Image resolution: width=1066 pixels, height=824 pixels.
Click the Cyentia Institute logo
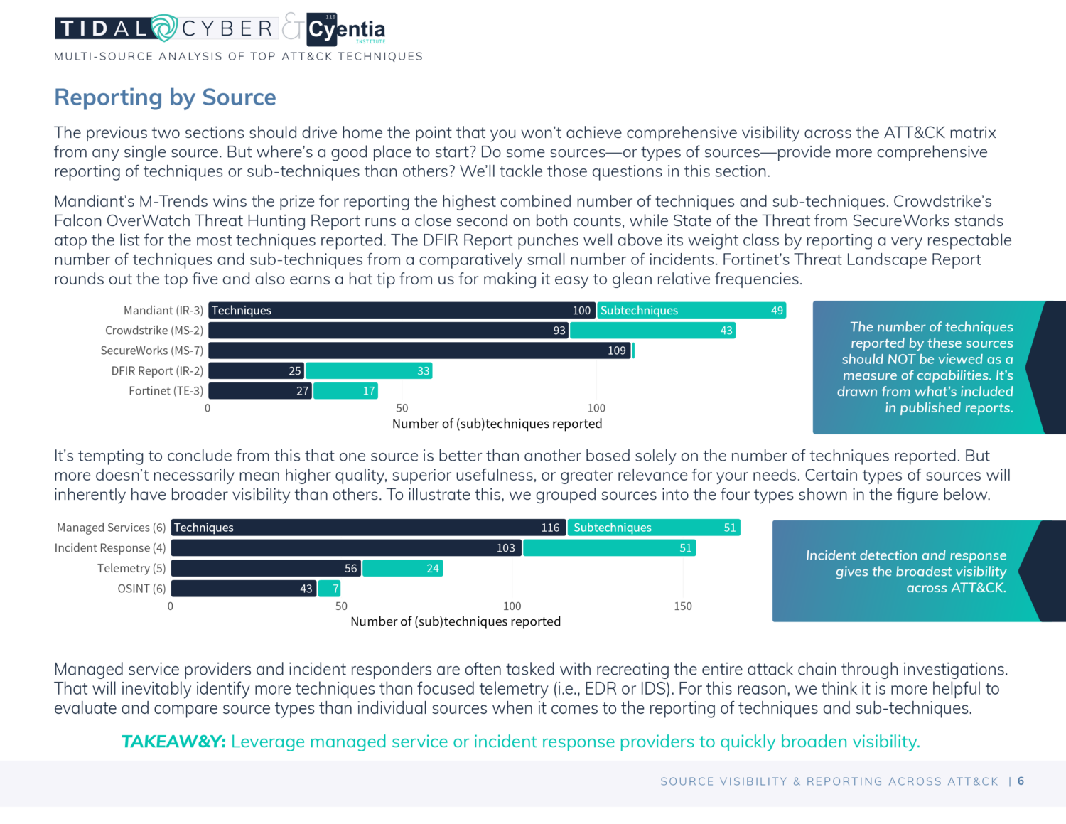(x=346, y=30)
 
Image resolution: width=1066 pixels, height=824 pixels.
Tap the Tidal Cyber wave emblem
(x=164, y=28)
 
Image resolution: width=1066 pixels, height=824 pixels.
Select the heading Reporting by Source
(x=165, y=97)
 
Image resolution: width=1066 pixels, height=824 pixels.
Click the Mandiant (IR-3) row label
(x=163, y=311)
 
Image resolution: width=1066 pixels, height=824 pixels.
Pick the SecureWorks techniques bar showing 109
(x=419, y=351)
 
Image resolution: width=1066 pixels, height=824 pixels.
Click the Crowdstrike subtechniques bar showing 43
(x=652, y=331)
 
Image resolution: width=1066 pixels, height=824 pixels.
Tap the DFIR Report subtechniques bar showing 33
(x=369, y=371)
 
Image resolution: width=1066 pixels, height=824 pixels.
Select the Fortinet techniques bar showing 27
(x=260, y=391)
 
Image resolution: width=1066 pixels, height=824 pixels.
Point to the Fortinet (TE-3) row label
(x=166, y=391)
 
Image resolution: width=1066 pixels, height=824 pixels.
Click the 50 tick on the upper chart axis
(x=402, y=408)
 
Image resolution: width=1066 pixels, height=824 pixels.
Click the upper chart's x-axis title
(x=497, y=424)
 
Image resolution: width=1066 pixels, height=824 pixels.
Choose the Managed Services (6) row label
(x=111, y=528)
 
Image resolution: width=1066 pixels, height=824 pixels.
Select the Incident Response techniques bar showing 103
(x=346, y=548)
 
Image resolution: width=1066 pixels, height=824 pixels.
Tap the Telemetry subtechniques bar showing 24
(x=402, y=569)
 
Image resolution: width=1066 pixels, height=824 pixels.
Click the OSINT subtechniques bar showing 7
(x=330, y=589)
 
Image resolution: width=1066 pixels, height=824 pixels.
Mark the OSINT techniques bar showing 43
(x=244, y=589)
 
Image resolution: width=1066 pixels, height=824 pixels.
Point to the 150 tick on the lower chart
(x=683, y=606)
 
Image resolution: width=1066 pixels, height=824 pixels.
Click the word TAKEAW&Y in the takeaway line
(x=173, y=742)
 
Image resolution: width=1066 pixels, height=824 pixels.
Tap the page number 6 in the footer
(x=1021, y=781)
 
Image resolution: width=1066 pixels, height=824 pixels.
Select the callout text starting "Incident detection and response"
(x=906, y=572)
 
